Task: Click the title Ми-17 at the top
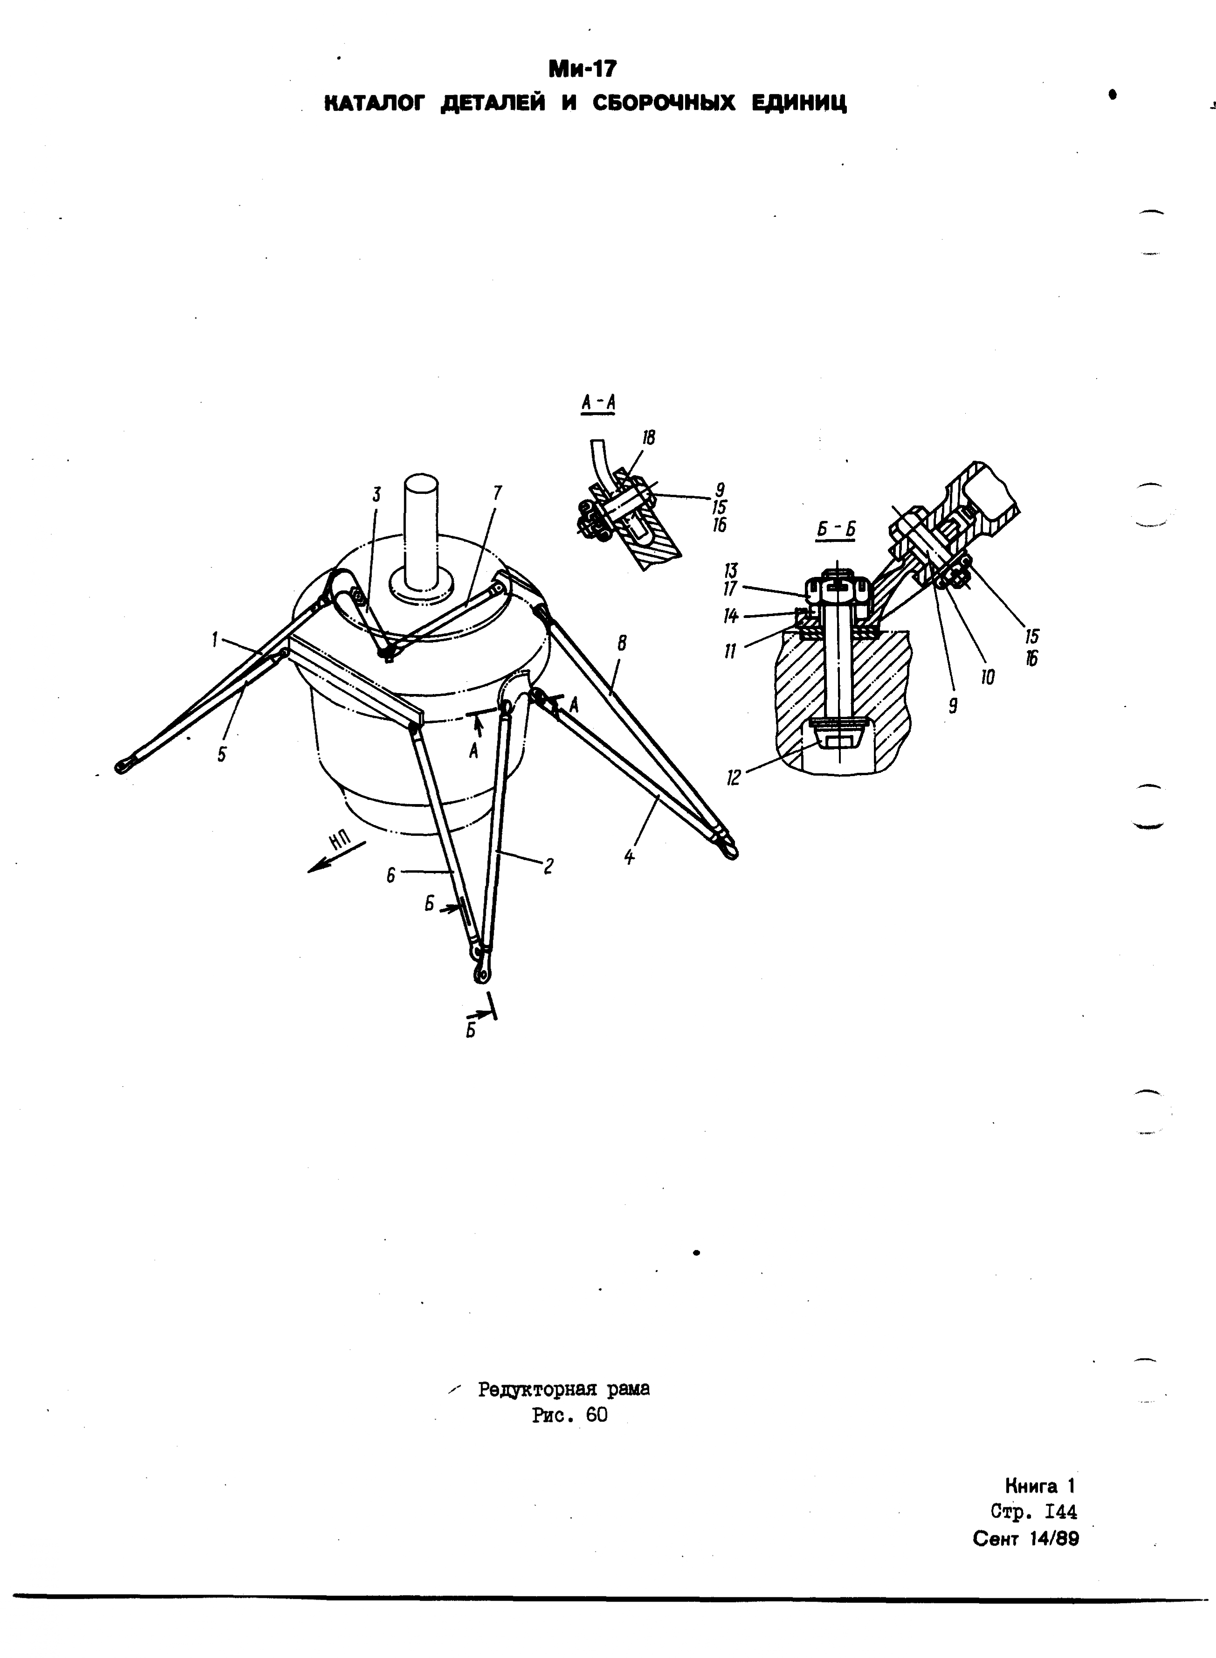point(582,69)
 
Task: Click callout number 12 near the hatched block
point(733,778)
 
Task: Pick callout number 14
point(731,616)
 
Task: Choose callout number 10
point(987,677)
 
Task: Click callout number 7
point(498,493)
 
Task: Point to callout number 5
point(222,755)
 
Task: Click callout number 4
point(629,857)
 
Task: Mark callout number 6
point(391,875)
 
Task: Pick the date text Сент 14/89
point(1025,1539)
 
